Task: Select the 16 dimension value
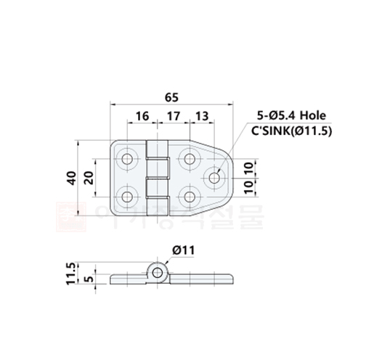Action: click(x=142, y=116)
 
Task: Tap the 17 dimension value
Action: click(x=173, y=116)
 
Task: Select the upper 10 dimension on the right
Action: click(x=248, y=168)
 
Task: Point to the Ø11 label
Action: click(x=184, y=250)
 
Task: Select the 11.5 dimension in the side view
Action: click(x=71, y=273)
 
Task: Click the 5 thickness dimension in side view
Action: click(x=88, y=277)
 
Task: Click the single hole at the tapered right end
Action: click(x=216, y=176)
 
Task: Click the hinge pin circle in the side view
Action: click(x=158, y=272)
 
